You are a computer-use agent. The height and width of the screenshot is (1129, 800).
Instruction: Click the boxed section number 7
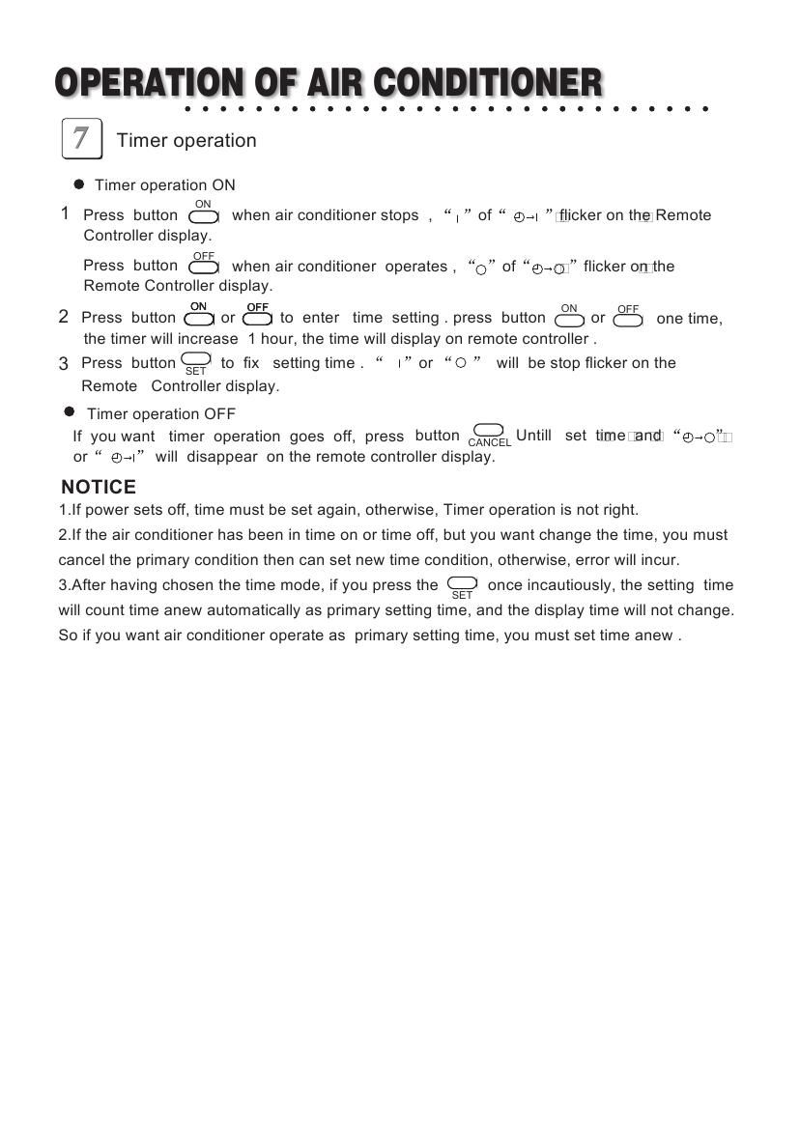coord(81,138)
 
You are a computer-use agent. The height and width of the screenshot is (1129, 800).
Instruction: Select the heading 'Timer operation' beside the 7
coord(186,141)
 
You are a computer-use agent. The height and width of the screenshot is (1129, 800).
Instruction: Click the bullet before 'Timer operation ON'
coord(79,184)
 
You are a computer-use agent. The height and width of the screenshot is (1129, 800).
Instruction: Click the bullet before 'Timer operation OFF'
coord(70,412)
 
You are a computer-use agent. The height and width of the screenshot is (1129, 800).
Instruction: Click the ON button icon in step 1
coord(203,216)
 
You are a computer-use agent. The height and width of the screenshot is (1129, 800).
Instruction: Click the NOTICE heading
coord(99,487)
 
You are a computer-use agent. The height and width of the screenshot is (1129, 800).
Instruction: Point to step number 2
coord(64,317)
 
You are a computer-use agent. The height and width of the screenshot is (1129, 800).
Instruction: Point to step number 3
coord(64,364)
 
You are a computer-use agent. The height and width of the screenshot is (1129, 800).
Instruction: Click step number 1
coord(65,214)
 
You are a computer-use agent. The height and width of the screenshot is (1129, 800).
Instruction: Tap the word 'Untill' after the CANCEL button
coord(533,436)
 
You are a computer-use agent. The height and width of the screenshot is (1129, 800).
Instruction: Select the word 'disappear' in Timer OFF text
coord(223,457)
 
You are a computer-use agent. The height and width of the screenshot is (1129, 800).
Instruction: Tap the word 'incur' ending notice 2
coord(659,560)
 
